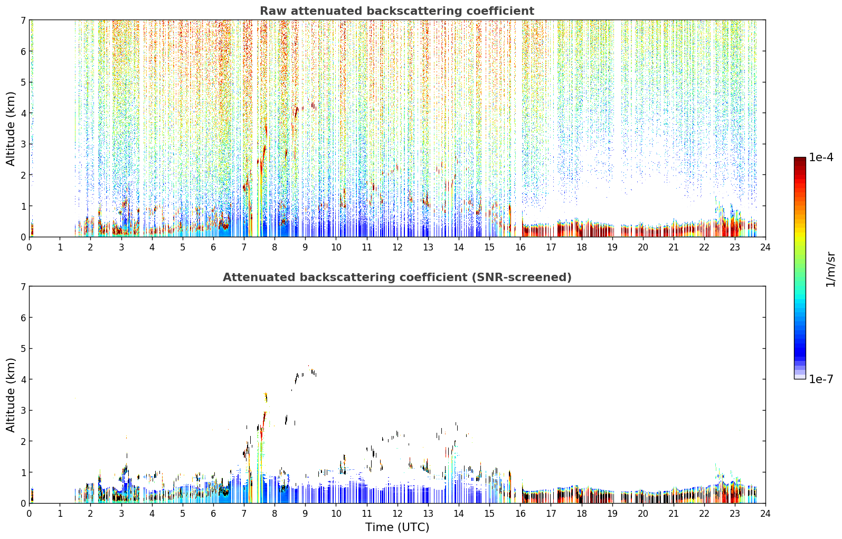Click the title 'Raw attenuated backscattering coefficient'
click(x=397, y=11)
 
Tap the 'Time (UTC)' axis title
click(x=397, y=527)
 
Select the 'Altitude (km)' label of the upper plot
click(x=11, y=129)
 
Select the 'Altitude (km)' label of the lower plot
click(x=11, y=395)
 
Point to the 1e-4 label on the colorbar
click(x=821, y=157)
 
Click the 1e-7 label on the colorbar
click(x=821, y=379)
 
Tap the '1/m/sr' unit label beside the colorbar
click(x=830, y=270)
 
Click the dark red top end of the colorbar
click(x=800, y=159)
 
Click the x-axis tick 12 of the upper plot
click(x=398, y=247)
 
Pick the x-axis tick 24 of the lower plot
click(x=765, y=514)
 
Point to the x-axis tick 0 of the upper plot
click(x=30, y=247)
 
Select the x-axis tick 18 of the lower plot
click(x=582, y=514)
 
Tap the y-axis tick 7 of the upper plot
click(x=23, y=20)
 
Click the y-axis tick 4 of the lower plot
click(x=23, y=379)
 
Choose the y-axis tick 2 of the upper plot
click(x=23, y=175)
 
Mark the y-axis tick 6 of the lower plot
click(x=23, y=317)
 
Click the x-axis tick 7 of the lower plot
click(x=244, y=514)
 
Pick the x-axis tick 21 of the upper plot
click(x=674, y=247)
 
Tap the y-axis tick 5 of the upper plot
click(x=23, y=82)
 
